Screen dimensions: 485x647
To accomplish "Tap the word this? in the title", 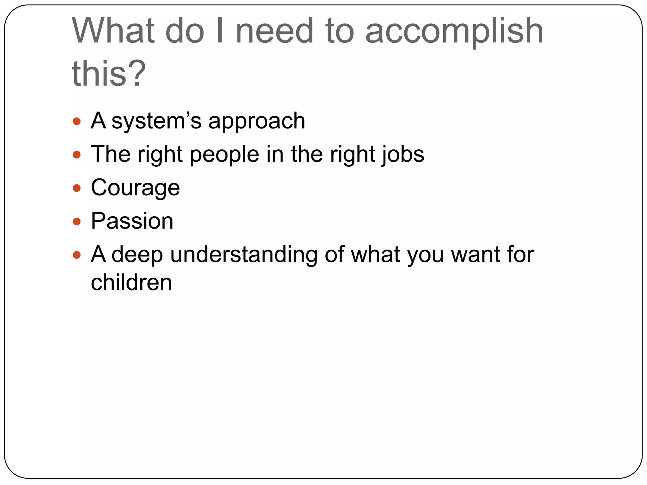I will click(x=109, y=74).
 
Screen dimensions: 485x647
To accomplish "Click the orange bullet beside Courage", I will click(x=77, y=189).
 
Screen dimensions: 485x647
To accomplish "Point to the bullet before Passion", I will click(x=77, y=222).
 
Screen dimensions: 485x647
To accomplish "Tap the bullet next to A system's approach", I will click(x=77, y=121).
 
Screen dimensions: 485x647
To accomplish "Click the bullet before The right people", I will click(x=77, y=155).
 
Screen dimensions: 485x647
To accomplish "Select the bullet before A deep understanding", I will click(x=77, y=255).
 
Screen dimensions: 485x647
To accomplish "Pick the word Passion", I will click(x=132, y=221).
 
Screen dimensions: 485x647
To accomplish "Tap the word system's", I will click(x=156, y=121).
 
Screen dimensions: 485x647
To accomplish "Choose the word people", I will click(x=224, y=155).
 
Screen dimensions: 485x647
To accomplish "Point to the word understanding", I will click(x=244, y=255).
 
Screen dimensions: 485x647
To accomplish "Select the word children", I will click(x=131, y=282).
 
